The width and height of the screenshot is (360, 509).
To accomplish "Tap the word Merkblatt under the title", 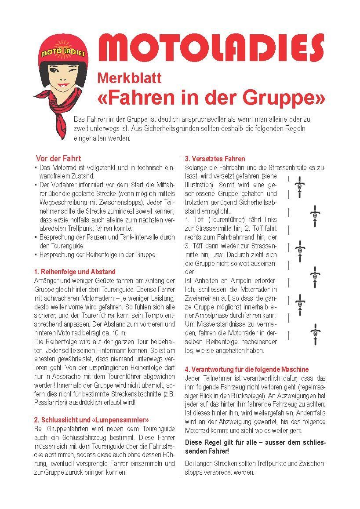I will (x=129, y=78).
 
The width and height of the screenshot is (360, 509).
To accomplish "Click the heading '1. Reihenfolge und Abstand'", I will (x=75, y=272).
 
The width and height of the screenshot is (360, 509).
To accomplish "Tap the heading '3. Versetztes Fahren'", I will (x=215, y=159).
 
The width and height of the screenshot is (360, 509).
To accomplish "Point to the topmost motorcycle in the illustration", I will (x=299, y=187).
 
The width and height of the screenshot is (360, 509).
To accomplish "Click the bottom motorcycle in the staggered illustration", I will (x=315, y=334).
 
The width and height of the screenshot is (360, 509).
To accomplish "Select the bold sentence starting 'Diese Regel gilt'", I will (x=255, y=447).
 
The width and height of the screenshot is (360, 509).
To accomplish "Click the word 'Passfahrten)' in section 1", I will (x=49, y=402).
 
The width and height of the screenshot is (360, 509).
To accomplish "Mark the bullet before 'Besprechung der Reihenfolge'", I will (x=35, y=255).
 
